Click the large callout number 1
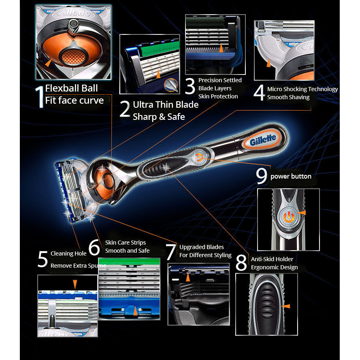pyautogui.click(x=40, y=97)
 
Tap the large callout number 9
pyautogui.click(x=262, y=176)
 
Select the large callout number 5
pyautogui.click(x=43, y=259)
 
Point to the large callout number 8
pyautogui.click(x=241, y=263)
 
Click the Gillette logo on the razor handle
pyautogui.click(x=263, y=139)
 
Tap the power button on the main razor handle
pyautogui.click(x=199, y=158)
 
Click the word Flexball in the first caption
pyautogui.click(x=58, y=88)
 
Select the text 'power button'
pyautogui.click(x=291, y=176)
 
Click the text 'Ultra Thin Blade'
pyautogui.click(x=166, y=105)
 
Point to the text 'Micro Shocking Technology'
pyautogui.click(x=302, y=89)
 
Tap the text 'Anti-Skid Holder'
pyautogui.click(x=272, y=259)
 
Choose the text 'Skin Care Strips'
pyautogui.click(x=126, y=243)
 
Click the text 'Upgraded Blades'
pyautogui.click(x=202, y=247)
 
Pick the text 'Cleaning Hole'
pyautogui.click(x=68, y=253)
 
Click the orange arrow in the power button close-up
pyautogui.click(x=302, y=213)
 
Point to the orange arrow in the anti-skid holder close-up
pyautogui.click(x=286, y=306)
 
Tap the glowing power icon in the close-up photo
pyautogui.click(x=289, y=217)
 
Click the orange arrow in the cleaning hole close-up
pyautogui.click(x=75, y=284)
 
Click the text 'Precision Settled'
pyautogui.click(x=220, y=80)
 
